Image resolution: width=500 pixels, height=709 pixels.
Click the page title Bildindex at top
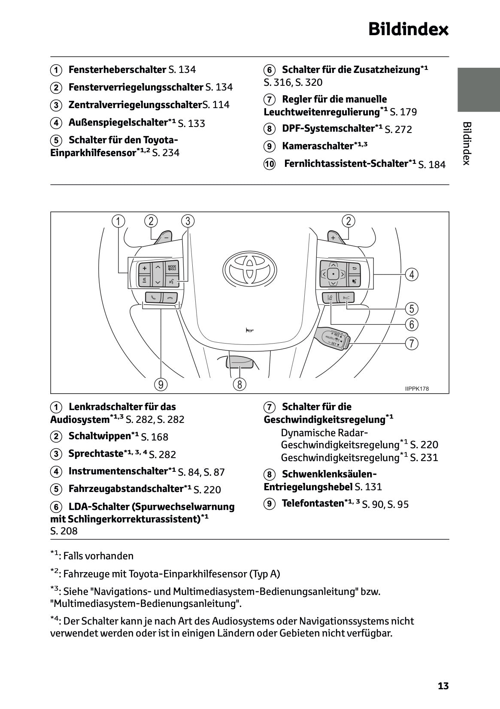pos(408,30)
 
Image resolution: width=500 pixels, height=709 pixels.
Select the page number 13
pos(443,686)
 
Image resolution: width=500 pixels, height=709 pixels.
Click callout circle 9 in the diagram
pos(161,384)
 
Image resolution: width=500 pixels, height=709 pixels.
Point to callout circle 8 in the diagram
pos(239,384)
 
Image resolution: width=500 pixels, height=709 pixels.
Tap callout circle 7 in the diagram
pos(411,344)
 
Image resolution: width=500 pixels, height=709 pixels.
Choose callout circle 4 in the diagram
pos(411,275)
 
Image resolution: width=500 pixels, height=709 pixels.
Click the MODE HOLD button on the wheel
pos(172,268)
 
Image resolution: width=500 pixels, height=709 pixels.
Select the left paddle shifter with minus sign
pos(164,237)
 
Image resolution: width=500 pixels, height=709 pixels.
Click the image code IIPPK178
pos(416,389)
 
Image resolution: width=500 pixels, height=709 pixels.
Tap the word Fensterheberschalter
pos(117,69)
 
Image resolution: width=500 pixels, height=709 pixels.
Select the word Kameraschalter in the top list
pos(317,146)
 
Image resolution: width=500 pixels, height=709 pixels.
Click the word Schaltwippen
pos(99,436)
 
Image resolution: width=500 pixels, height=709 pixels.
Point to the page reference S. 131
pos(368,487)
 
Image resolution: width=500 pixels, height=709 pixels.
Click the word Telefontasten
pos(313,504)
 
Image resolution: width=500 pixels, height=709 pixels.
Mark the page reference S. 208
pos(64,531)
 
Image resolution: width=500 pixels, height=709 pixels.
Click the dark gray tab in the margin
pos(478,89)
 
